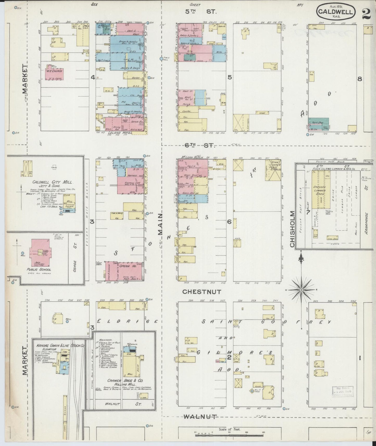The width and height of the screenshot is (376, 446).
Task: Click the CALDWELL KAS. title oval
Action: point(335,11)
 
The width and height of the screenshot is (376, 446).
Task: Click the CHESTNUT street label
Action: point(202,292)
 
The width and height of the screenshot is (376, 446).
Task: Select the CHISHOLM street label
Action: point(292,229)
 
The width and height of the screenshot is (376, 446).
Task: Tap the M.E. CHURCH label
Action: point(54,71)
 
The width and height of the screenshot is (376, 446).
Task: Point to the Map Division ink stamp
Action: point(343,392)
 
